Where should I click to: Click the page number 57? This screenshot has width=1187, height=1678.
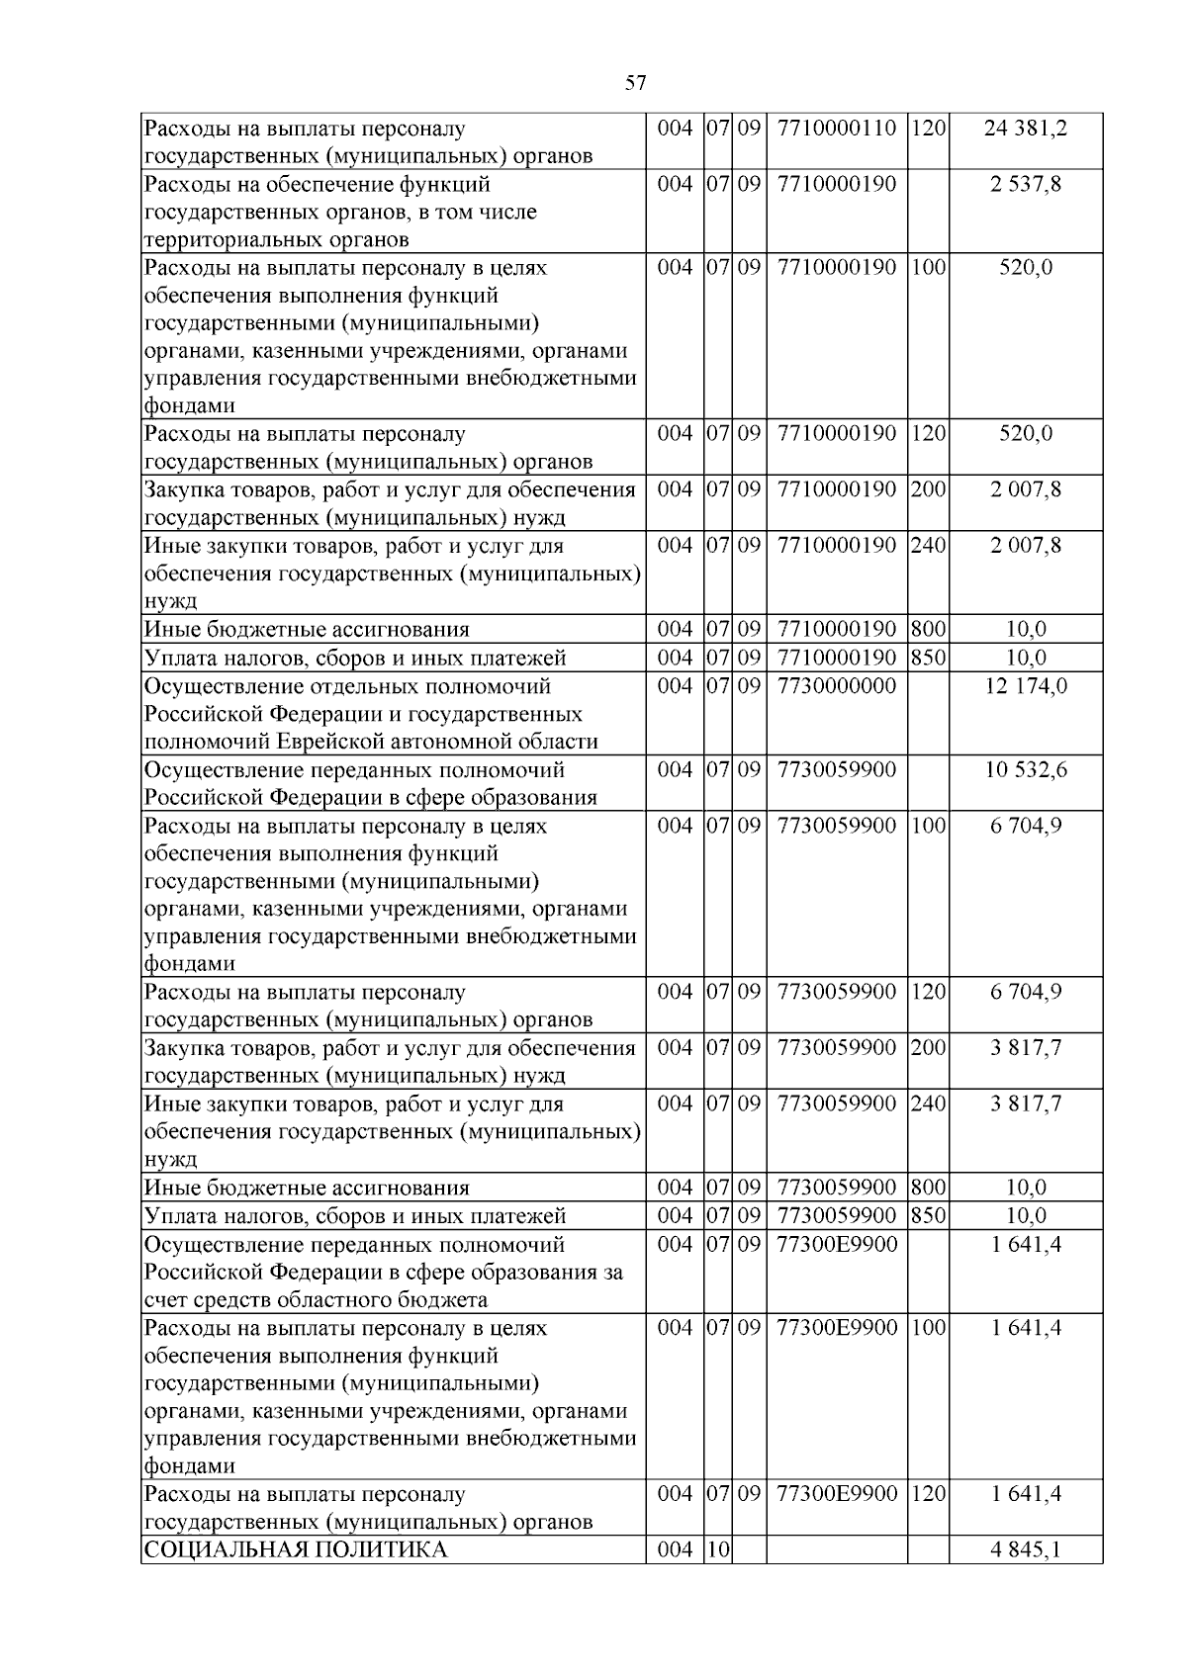(x=635, y=83)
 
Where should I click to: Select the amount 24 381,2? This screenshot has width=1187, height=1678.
(x=1026, y=129)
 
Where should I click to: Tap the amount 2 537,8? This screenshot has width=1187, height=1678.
(x=1026, y=184)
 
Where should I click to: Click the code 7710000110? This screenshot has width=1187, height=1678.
(x=837, y=129)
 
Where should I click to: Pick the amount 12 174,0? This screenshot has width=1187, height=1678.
(x=1026, y=686)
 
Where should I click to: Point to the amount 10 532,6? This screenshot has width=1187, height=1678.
(x=1026, y=770)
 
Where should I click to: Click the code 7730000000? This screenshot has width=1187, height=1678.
(x=837, y=686)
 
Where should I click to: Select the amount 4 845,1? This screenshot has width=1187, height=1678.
(x=1026, y=1549)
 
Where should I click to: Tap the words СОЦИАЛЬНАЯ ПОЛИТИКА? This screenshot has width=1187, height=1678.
(x=296, y=1549)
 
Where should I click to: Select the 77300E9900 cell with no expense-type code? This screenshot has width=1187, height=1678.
(x=837, y=1244)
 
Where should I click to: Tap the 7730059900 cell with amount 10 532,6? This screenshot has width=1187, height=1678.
(x=837, y=770)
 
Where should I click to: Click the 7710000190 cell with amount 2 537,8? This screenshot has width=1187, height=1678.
(x=837, y=184)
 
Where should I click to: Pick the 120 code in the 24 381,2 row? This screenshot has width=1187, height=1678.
(x=928, y=129)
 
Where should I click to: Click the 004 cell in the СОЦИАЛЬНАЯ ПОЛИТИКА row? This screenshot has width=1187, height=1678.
(x=675, y=1549)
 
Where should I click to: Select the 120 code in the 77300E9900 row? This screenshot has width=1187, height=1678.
(x=928, y=1494)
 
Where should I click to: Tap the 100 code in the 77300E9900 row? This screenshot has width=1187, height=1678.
(x=928, y=1328)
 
